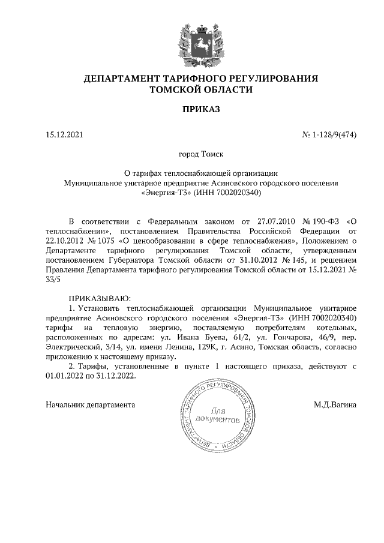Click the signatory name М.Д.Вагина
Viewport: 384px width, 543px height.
(335, 404)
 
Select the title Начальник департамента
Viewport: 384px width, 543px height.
(91, 404)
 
